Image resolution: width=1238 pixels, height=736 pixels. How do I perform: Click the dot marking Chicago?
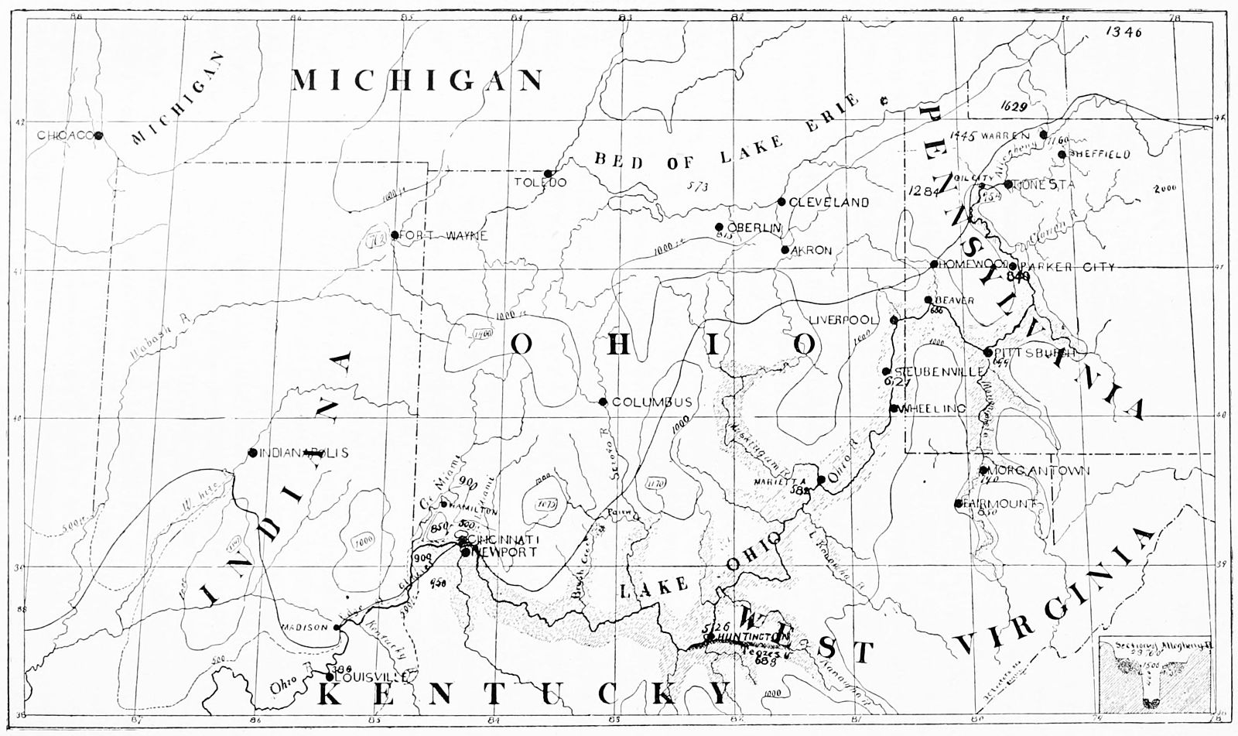[99, 135]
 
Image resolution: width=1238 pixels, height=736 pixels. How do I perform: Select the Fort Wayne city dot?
[395, 235]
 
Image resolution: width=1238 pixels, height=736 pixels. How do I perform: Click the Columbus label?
[651, 402]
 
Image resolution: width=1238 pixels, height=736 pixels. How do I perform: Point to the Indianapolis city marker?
[252, 453]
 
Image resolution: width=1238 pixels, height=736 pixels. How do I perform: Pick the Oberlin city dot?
[720, 227]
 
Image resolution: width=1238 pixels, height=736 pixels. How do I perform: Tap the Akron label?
[812, 251]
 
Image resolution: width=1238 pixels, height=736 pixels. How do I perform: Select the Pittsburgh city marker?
[988, 353]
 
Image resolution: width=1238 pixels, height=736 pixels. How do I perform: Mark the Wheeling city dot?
[894, 409]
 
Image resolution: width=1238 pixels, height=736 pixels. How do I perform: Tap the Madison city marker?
[337, 628]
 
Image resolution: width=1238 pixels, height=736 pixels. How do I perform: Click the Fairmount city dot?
[959, 504]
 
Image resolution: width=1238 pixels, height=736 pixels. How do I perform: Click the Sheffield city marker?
[1062, 154]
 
